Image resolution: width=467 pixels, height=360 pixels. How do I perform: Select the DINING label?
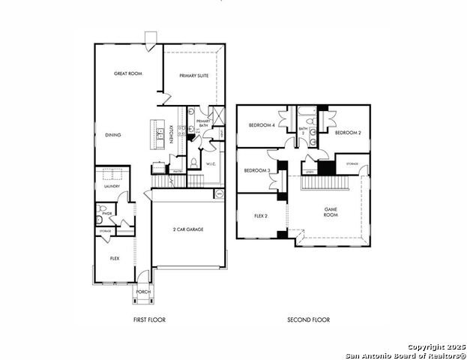[113, 135]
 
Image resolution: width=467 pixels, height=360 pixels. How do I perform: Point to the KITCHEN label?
[172, 134]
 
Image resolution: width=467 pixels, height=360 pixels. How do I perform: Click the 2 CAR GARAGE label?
[188, 229]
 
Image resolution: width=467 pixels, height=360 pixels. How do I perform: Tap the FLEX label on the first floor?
[115, 258]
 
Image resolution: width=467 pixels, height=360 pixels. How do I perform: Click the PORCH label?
[142, 292]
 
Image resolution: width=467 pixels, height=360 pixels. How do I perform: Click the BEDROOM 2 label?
[348, 133]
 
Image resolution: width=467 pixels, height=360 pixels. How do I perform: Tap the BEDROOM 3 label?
[258, 171]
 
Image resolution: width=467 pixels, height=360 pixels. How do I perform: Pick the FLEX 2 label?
[261, 216]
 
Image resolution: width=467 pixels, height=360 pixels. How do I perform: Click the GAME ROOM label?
[331, 212]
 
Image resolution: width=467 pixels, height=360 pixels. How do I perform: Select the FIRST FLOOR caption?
[148, 320]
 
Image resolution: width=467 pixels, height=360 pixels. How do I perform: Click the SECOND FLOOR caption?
[308, 320]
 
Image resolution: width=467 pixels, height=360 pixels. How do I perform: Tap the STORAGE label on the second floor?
[352, 163]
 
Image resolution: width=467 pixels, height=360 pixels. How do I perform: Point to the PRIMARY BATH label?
[203, 123]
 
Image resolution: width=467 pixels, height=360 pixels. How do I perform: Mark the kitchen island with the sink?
[158, 134]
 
